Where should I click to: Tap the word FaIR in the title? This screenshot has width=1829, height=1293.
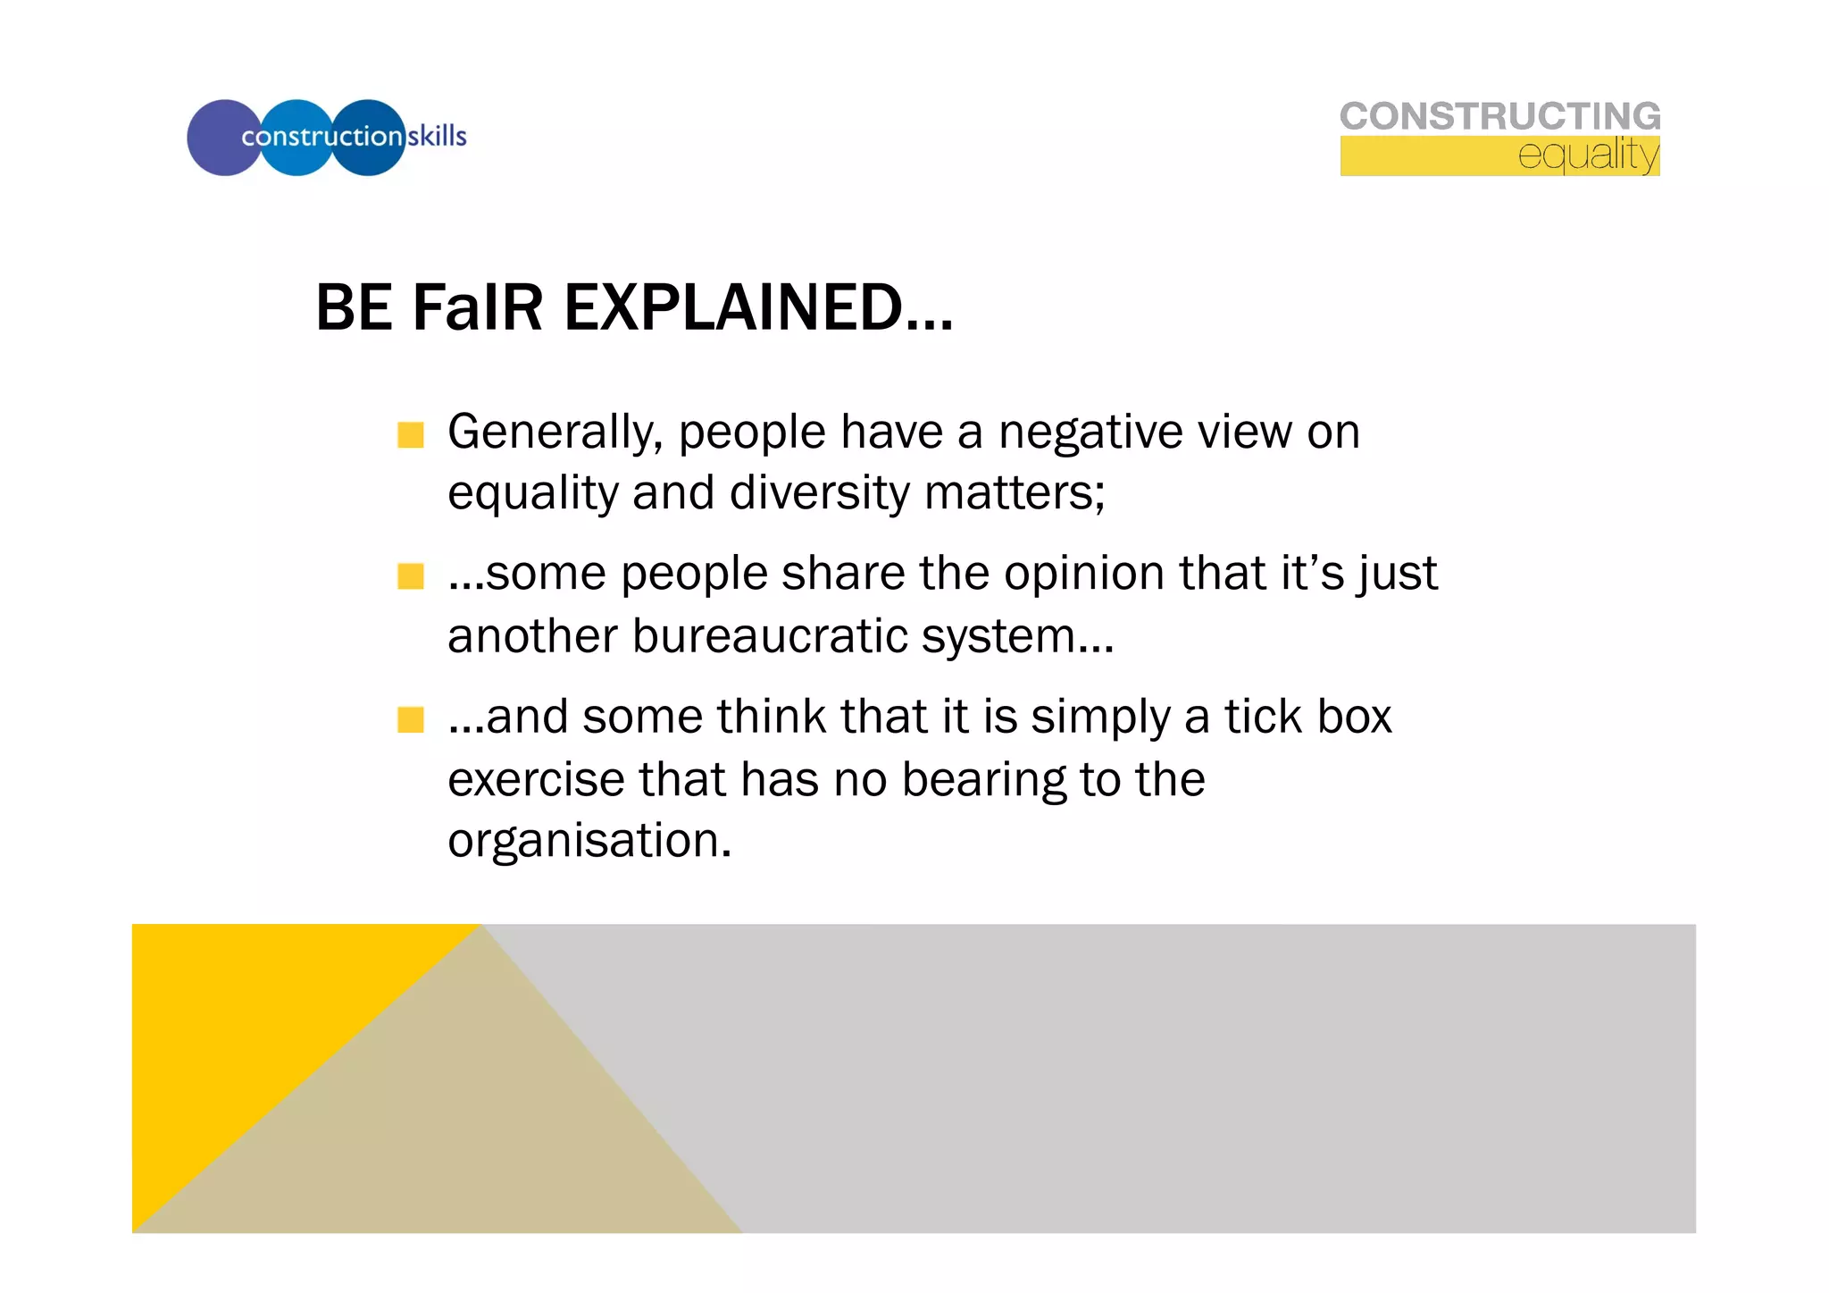[477, 307]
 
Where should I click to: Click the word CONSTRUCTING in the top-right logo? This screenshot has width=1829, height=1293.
[1499, 116]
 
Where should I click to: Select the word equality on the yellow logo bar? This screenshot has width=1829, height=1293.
[1587, 155]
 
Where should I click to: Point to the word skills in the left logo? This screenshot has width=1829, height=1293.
[437, 136]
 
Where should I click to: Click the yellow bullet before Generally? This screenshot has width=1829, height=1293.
[411, 435]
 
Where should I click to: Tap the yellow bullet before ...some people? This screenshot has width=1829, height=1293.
[411, 576]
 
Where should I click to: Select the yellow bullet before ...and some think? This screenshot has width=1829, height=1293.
[411, 719]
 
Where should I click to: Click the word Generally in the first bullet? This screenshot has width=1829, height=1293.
[555, 432]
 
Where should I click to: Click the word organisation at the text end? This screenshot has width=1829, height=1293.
[589, 841]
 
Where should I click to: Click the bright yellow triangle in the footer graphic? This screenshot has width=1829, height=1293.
[241, 1019]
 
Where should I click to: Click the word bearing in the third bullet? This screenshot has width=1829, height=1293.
[982, 779]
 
